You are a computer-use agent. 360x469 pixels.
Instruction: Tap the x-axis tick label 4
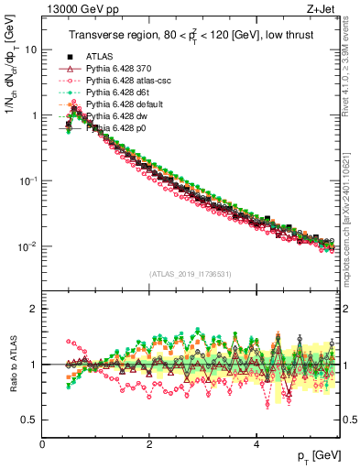point(256,444)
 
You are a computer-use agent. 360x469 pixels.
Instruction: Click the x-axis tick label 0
point(43,444)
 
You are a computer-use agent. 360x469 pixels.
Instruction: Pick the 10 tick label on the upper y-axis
point(30,49)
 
